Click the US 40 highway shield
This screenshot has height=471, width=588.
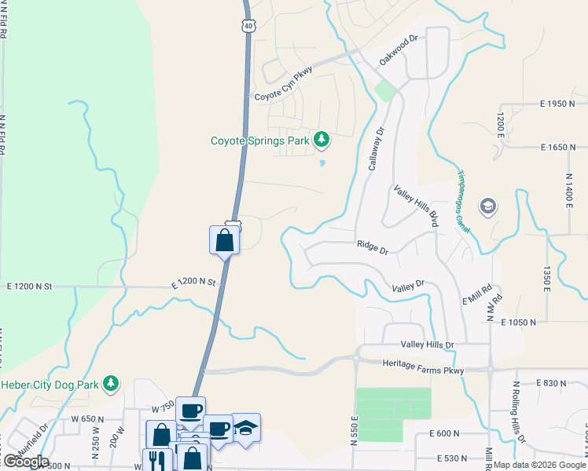tap(248, 26)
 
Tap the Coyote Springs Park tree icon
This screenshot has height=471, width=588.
tap(321, 141)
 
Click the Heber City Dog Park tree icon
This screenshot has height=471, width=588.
tap(112, 383)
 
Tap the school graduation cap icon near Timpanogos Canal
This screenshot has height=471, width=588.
tap(487, 206)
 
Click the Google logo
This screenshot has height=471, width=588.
tap(25, 461)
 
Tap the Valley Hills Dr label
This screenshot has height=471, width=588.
tap(428, 345)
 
